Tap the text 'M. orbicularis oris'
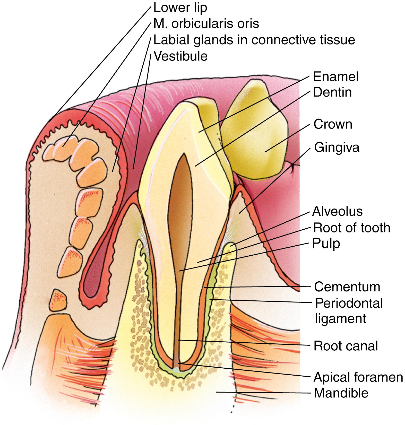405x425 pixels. pos(206,24)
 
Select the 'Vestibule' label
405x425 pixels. pos(180,56)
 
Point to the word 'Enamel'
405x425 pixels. pos(336,77)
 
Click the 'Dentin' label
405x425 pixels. pos(332,92)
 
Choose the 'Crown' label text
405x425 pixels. pos(333,124)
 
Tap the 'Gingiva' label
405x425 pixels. pos(337,148)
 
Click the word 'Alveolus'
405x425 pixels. pos(337,212)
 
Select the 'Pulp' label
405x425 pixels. pos(326,244)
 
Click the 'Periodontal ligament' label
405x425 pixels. pos(349,311)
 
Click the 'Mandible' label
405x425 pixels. pos(341,393)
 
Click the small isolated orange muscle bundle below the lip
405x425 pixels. pos(59,300)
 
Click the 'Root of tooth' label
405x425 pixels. pos(351,228)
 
